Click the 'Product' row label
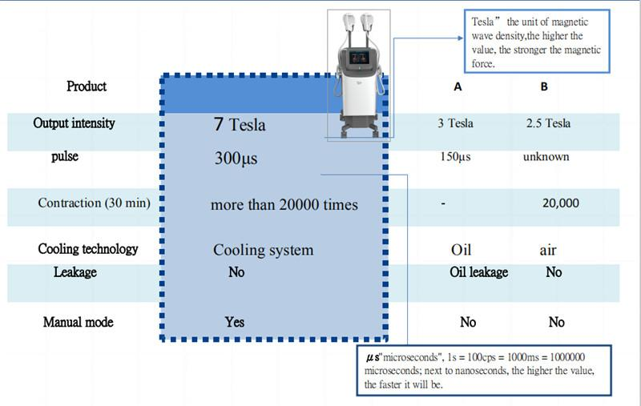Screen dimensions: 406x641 (87, 86)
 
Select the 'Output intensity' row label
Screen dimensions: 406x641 (74, 123)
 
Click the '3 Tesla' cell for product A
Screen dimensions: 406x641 (455, 123)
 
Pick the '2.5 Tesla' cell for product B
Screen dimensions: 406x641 (548, 123)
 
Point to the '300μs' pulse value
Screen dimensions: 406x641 (236, 159)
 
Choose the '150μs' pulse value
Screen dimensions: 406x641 (456, 156)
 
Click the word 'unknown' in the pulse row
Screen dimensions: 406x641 (546, 156)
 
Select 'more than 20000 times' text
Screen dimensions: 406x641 (284, 204)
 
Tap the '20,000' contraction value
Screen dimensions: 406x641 (560, 203)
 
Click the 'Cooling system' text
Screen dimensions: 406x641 (263, 250)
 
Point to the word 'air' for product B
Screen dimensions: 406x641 (548, 251)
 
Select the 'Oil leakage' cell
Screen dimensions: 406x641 (479, 272)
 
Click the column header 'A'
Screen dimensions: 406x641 (458, 88)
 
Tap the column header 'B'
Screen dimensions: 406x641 (545, 88)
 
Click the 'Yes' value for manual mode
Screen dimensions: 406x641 (235, 322)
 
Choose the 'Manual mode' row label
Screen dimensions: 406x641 (78, 322)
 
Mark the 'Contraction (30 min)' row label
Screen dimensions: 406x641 (94, 203)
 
